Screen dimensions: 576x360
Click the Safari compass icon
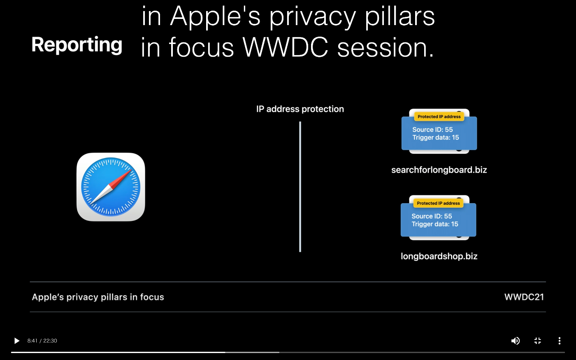pyautogui.click(x=111, y=187)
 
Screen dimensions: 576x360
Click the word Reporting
pyautogui.click(x=77, y=45)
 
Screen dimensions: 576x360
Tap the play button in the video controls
pyautogui.click(x=17, y=341)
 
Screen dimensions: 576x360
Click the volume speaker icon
pyautogui.click(x=515, y=341)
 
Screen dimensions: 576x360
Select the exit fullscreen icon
pyautogui.click(x=538, y=341)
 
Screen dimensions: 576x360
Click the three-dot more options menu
pyautogui.click(x=560, y=341)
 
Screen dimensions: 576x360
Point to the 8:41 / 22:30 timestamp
pyautogui.click(x=42, y=341)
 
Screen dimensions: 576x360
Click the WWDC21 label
pyautogui.click(x=524, y=297)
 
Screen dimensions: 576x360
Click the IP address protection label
pyautogui.click(x=300, y=109)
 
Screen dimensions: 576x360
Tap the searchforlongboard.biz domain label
pyautogui.click(x=439, y=170)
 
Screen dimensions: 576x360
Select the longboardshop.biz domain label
pyautogui.click(x=439, y=256)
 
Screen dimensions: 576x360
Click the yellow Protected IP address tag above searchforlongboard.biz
pyautogui.click(x=439, y=116)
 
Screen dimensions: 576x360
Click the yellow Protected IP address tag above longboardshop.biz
pyautogui.click(x=439, y=203)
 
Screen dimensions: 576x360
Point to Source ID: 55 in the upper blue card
pyautogui.click(x=432, y=130)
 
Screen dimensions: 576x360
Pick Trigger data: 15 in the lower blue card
pyautogui.click(x=435, y=224)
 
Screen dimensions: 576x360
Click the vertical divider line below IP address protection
pyautogui.click(x=300, y=187)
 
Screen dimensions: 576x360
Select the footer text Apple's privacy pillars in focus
pyautogui.click(x=98, y=297)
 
